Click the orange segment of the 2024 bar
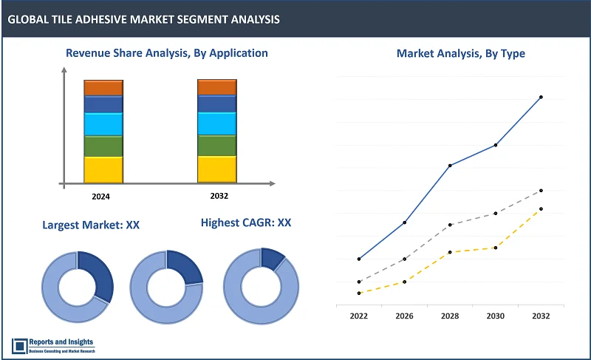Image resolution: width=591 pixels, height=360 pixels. (103, 87)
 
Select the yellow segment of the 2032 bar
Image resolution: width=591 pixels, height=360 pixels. (216, 169)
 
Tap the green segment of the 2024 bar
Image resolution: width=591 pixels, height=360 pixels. (103, 146)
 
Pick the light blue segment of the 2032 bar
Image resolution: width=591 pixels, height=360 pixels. (216, 123)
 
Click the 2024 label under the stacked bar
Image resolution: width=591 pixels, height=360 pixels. (103, 196)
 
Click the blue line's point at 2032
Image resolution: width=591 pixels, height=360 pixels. (541, 97)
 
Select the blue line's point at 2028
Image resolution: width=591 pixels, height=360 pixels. (450, 165)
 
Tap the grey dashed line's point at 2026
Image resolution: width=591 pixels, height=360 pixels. (404, 259)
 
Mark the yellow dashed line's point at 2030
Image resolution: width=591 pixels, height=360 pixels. (495, 248)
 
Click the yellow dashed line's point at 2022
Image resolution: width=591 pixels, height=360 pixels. (359, 293)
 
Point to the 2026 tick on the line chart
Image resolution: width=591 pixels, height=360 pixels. (404, 316)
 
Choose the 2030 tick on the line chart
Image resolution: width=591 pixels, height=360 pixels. (495, 316)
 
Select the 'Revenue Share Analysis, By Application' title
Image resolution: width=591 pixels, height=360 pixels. (166, 53)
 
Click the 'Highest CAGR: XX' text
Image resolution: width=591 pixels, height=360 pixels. (246, 223)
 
